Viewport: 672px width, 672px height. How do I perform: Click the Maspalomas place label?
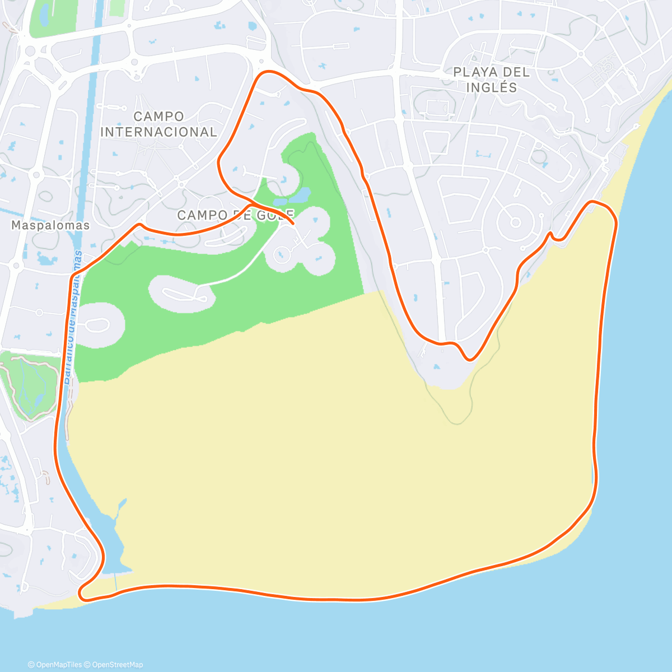50,225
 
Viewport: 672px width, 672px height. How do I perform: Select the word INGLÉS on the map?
492,88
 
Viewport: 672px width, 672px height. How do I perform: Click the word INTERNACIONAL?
158,132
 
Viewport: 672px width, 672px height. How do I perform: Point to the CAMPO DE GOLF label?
235,216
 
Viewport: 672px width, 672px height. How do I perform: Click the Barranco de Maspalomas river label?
73,316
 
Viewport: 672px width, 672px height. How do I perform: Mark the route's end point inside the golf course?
293,223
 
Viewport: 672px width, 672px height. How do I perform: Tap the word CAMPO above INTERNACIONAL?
158,116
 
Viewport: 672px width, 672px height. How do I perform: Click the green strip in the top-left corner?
54,17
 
